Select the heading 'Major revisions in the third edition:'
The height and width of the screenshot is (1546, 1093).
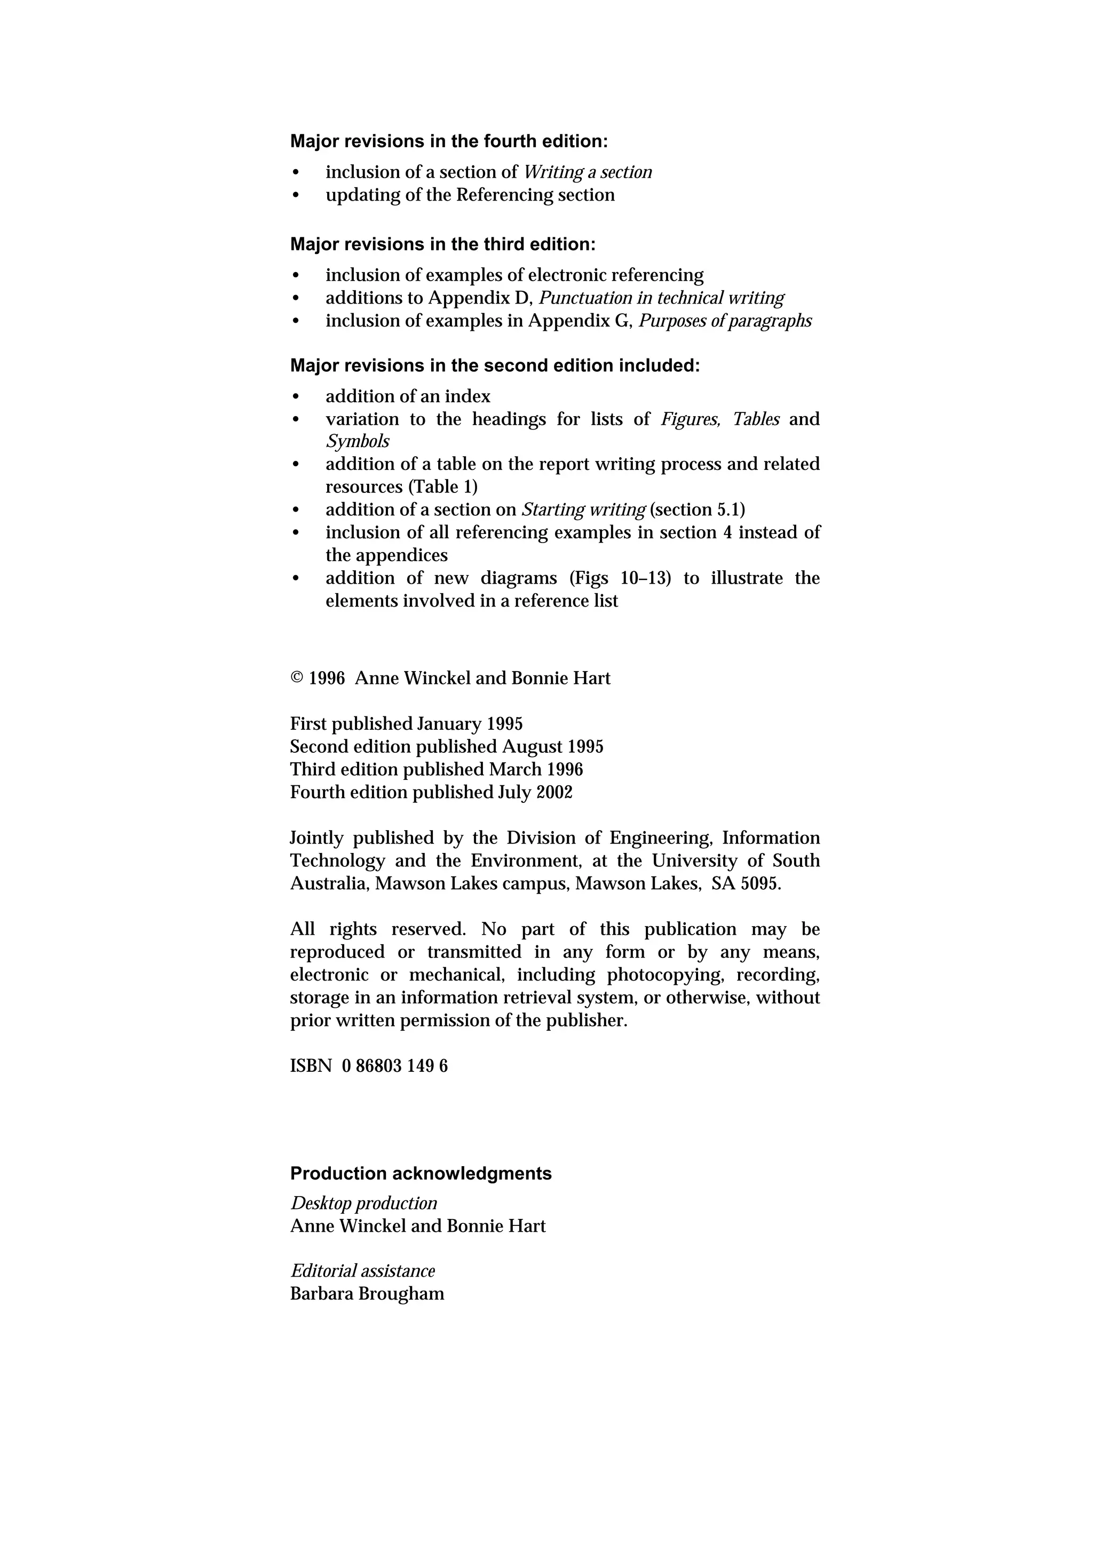coord(442,244)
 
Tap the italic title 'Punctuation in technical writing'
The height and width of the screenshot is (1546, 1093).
coord(661,298)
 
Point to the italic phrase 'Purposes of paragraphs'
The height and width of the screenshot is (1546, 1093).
coord(725,321)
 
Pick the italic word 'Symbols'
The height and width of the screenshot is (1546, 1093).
coord(358,442)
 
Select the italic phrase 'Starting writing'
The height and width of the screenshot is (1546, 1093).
coord(583,509)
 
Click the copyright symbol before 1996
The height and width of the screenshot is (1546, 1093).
coord(297,679)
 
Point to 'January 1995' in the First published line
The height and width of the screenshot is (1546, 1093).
coord(470,724)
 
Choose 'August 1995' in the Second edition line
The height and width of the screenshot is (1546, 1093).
coord(552,747)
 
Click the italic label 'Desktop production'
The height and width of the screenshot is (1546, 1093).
coord(363,1204)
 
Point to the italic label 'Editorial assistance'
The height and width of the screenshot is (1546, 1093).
coord(362,1271)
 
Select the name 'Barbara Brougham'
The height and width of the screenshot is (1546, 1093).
coord(367,1294)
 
